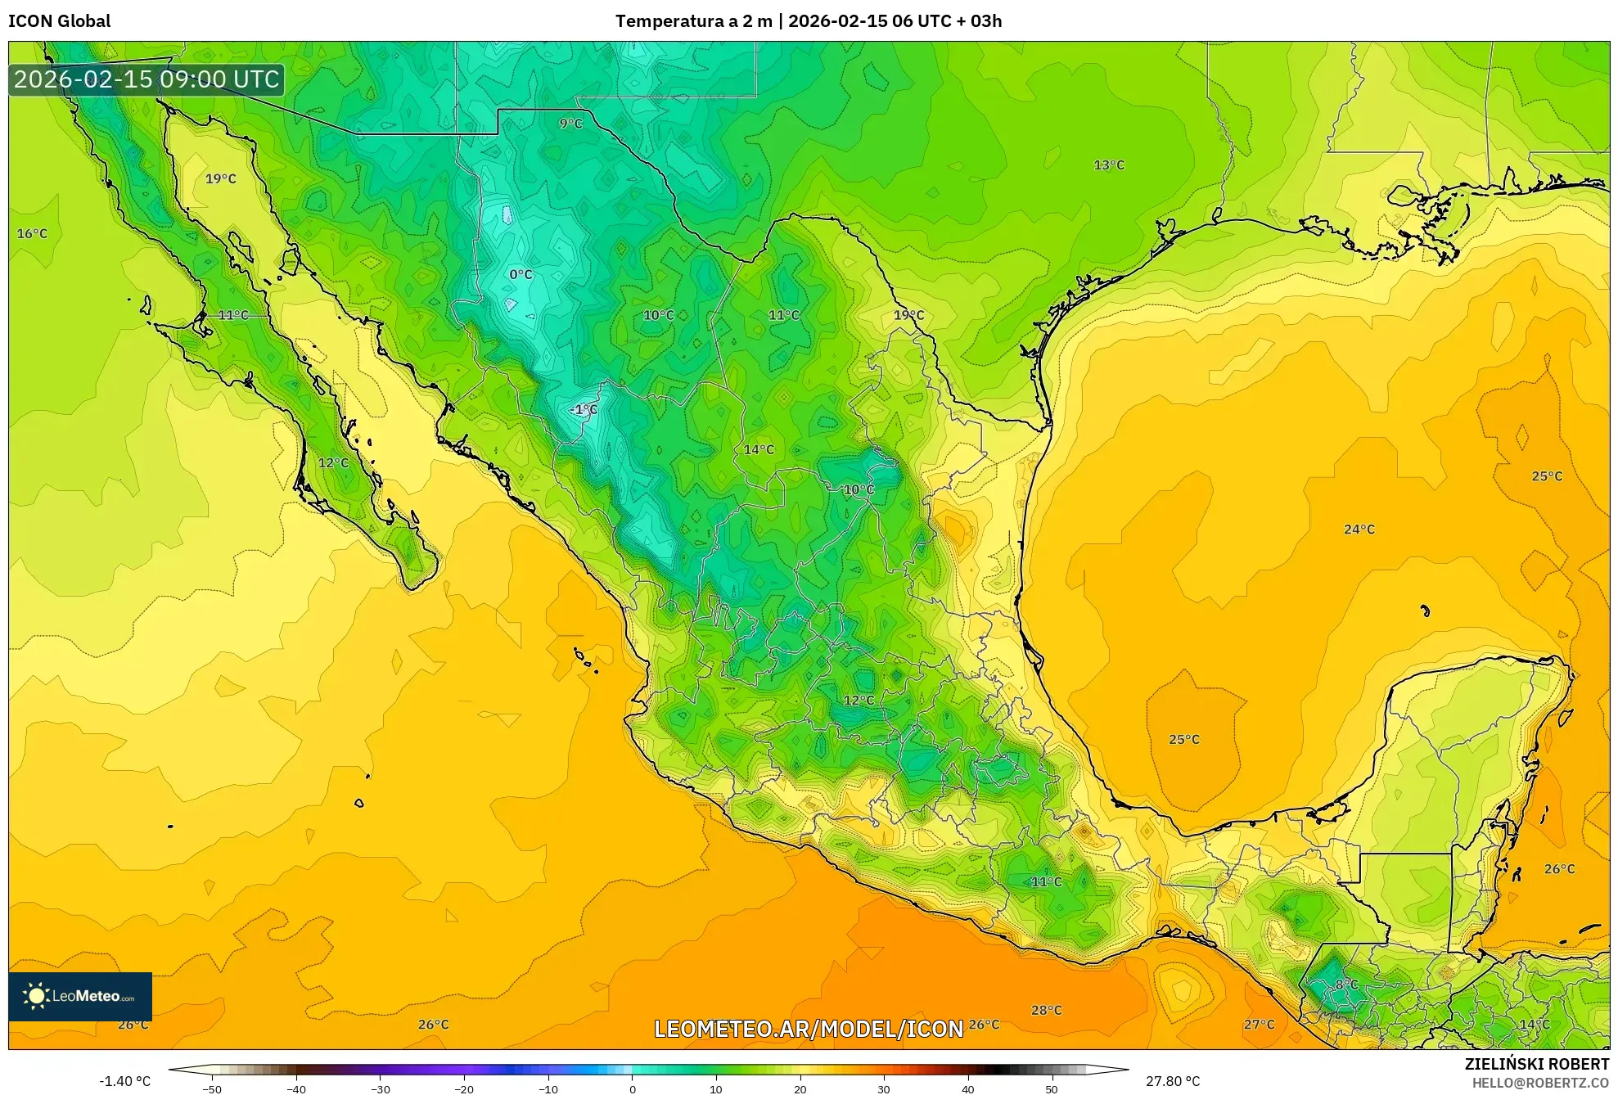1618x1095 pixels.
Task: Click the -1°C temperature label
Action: (584, 409)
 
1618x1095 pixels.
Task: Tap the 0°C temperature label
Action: (521, 274)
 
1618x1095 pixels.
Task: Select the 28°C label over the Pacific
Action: (1046, 1010)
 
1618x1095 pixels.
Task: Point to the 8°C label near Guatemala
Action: (1346, 985)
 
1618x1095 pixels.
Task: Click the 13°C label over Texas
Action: (1109, 165)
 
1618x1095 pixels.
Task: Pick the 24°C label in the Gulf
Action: (1359, 529)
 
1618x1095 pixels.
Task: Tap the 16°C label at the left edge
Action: (33, 234)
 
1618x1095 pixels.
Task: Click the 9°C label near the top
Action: (570, 124)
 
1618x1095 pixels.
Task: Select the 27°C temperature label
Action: (1259, 1024)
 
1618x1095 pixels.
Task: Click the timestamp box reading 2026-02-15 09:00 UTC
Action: (146, 79)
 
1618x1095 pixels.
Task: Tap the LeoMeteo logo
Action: (80, 996)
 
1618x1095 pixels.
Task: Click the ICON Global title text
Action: (59, 21)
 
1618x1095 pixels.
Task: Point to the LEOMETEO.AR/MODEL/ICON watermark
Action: (809, 1029)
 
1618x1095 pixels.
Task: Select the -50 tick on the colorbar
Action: (212, 1088)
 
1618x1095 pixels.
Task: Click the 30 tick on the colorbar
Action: (884, 1088)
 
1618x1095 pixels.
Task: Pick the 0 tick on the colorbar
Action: (632, 1088)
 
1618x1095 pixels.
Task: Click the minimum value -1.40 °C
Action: (124, 1081)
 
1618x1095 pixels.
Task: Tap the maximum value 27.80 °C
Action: (1173, 1081)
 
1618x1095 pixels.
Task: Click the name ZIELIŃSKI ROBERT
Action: (1536, 1064)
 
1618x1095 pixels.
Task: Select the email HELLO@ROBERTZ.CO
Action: (1540, 1083)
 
